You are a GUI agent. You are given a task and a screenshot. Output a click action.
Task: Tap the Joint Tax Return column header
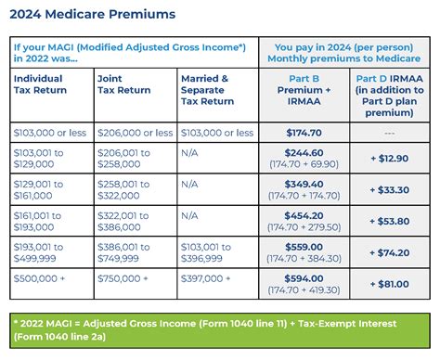point(123,84)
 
